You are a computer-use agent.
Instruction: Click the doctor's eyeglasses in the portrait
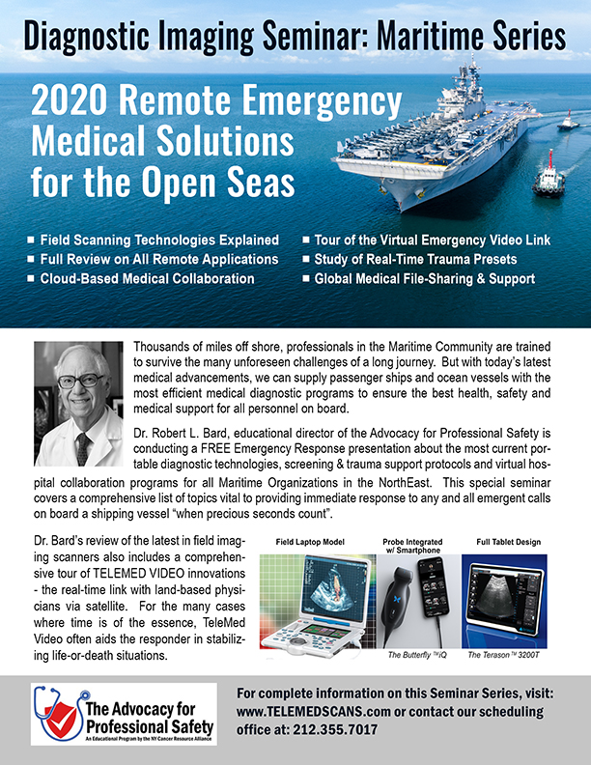[77, 379]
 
